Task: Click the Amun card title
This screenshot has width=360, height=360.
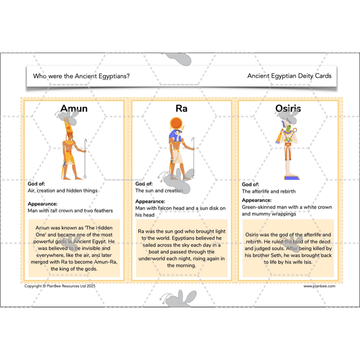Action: pyautogui.click(x=74, y=108)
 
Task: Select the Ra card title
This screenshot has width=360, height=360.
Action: pyautogui.click(x=181, y=108)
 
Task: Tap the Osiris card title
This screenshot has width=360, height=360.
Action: pyautogui.click(x=288, y=108)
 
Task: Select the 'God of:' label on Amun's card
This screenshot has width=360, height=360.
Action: pyautogui.click(x=36, y=184)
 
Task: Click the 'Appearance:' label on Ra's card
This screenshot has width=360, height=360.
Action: pyautogui.click(x=150, y=201)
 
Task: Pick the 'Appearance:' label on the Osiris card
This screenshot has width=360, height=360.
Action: pyautogui.click(x=256, y=200)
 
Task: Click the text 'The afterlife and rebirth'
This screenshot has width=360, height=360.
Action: pyautogui.click(x=269, y=191)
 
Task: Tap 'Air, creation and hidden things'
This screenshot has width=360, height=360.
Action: pyautogui.click(x=63, y=190)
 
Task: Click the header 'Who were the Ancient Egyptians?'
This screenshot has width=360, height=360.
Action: pyautogui.click(x=81, y=76)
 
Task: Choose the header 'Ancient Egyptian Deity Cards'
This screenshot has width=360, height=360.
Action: pyautogui.click(x=289, y=76)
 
